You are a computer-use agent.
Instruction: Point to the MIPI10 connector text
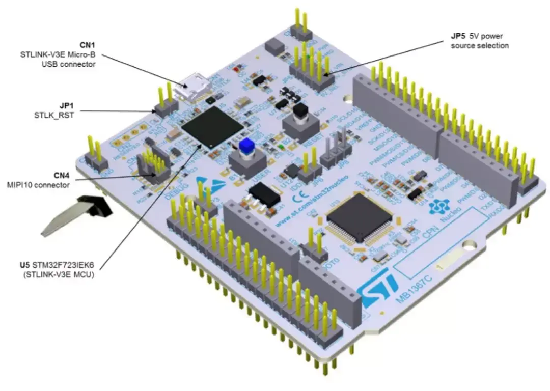coord(44,185)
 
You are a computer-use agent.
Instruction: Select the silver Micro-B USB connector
coord(191,88)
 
